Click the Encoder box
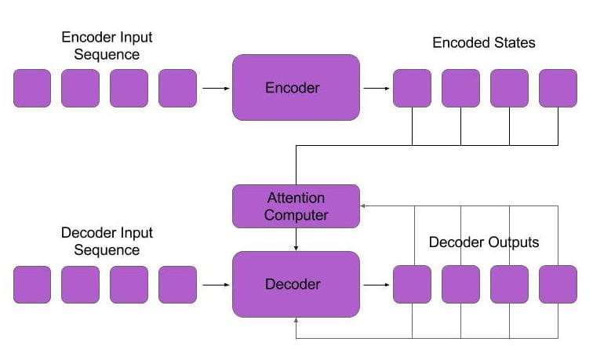[x=296, y=87]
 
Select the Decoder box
[x=296, y=284]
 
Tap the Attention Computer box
[x=296, y=205]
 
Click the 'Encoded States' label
[x=484, y=42]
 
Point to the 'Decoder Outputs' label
[x=484, y=242]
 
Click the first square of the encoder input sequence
[x=32, y=88]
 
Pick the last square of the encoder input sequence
[x=177, y=88]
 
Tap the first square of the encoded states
[x=412, y=88]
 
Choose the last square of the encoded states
[x=558, y=88]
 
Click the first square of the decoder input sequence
[x=32, y=285]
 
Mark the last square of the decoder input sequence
[x=177, y=285]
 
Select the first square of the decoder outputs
[x=412, y=284]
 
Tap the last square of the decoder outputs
[x=558, y=284]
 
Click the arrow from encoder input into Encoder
[x=215, y=88]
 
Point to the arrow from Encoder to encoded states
[x=377, y=88]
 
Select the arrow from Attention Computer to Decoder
[x=296, y=239]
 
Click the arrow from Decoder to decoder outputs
[x=377, y=285]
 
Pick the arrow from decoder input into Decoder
[x=215, y=285]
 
